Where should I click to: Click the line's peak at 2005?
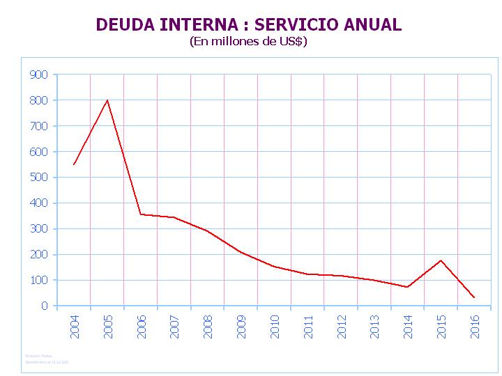point(107,100)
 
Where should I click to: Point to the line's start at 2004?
point(73,165)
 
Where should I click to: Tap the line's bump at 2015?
point(441,260)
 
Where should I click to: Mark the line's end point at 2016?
point(474,297)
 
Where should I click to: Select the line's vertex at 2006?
point(140,214)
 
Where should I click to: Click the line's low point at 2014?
point(407,287)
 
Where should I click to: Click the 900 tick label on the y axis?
point(39,75)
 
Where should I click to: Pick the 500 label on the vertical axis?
point(39,178)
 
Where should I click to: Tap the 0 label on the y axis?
point(45,306)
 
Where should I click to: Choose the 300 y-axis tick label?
point(39,228)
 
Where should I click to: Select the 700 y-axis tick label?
point(39,126)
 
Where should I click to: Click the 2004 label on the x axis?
point(75,327)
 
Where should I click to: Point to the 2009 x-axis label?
point(241,327)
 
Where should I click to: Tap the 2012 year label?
point(342,327)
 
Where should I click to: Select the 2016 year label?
point(475,327)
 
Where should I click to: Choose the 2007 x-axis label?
point(174,327)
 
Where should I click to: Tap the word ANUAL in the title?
point(372,25)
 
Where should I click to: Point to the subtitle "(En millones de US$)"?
point(249,42)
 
